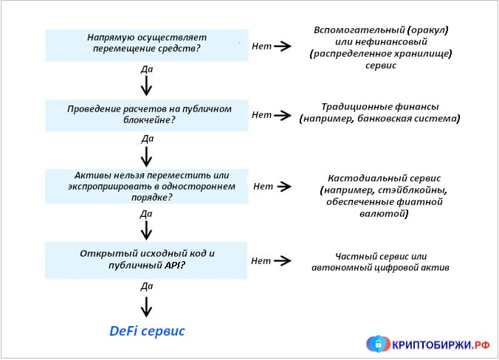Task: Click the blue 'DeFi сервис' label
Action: (147, 331)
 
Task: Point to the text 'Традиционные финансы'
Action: (379, 106)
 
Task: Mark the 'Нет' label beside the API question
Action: (261, 260)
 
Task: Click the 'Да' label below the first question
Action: (146, 69)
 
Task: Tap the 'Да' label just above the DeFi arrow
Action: (146, 285)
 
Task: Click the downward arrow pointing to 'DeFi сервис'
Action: (146, 305)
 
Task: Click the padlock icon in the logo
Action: (378, 343)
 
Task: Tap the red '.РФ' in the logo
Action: (481, 344)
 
